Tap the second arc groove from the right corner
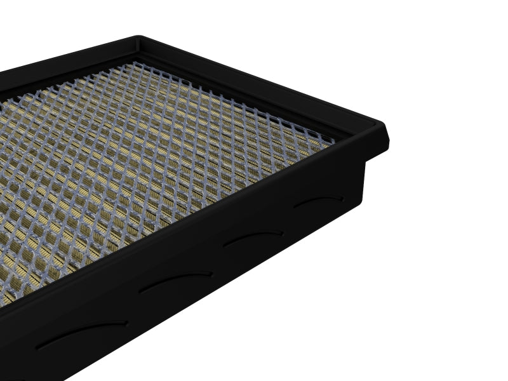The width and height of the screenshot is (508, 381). pos(253,237)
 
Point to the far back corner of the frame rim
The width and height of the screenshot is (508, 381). pos(138,39)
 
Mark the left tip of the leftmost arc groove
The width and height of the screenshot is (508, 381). pos(38,347)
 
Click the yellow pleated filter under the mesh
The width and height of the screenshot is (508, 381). pos(127,159)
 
